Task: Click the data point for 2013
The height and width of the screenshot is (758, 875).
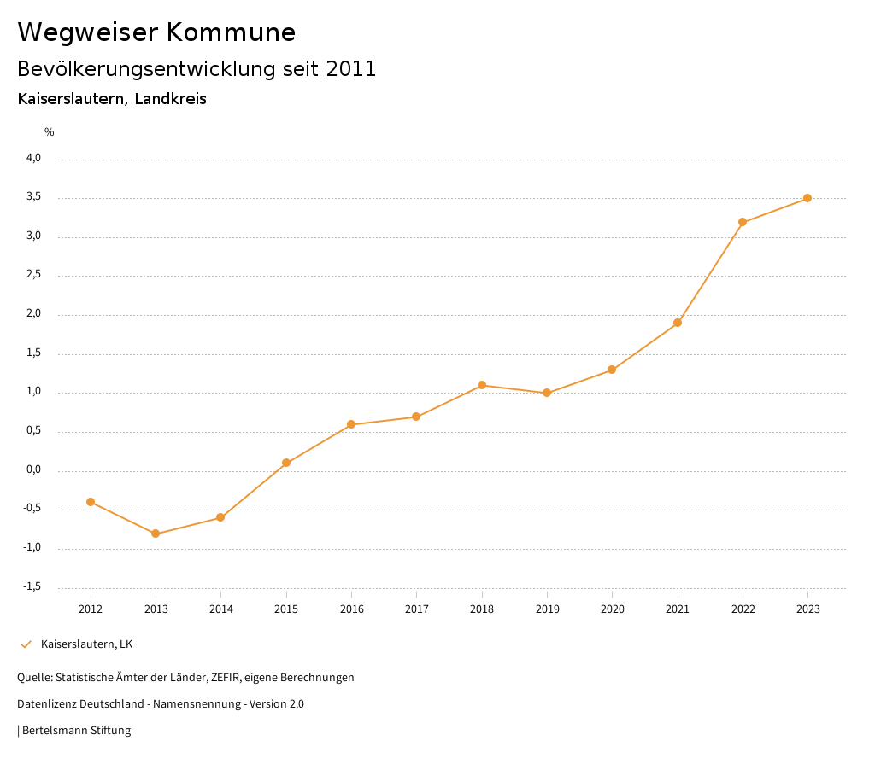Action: tap(156, 534)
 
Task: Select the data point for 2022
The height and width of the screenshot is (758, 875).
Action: tap(743, 222)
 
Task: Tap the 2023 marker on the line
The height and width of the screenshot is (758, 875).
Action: tap(807, 198)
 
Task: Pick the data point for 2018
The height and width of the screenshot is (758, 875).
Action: tap(482, 385)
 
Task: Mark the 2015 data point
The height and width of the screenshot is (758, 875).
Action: tap(286, 463)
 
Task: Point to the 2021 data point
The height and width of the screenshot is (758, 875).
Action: tap(678, 323)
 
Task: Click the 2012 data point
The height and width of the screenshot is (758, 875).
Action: tap(91, 502)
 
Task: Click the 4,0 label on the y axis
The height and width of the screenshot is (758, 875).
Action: tap(33, 158)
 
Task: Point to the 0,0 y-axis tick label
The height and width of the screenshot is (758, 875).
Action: tap(33, 469)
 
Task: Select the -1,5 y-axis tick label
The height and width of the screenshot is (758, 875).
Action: tap(32, 586)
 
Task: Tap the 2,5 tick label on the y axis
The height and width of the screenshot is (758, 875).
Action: tap(33, 275)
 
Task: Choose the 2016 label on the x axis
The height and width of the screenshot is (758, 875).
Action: tap(351, 609)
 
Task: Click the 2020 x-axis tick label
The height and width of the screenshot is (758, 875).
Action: tap(612, 609)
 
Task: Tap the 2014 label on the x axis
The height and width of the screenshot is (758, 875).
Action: tap(220, 609)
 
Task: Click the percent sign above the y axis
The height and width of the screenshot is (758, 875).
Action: tap(50, 132)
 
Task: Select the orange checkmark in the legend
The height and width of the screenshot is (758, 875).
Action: tap(26, 644)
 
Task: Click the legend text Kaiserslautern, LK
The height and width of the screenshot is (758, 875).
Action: tap(86, 644)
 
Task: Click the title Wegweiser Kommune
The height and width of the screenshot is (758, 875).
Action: tap(156, 32)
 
